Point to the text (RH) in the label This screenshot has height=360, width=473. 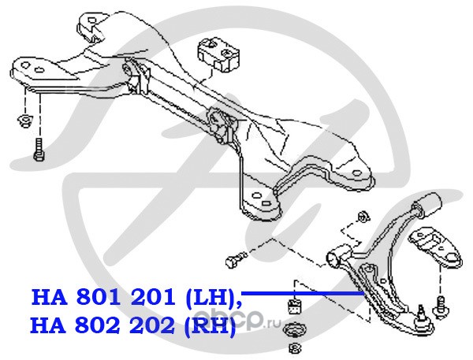(x=206, y=325)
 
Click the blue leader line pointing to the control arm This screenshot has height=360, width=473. (x=300, y=292)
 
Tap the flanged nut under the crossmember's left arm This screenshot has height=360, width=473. (x=24, y=121)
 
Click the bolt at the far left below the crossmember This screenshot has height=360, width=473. (x=38, y=147)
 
